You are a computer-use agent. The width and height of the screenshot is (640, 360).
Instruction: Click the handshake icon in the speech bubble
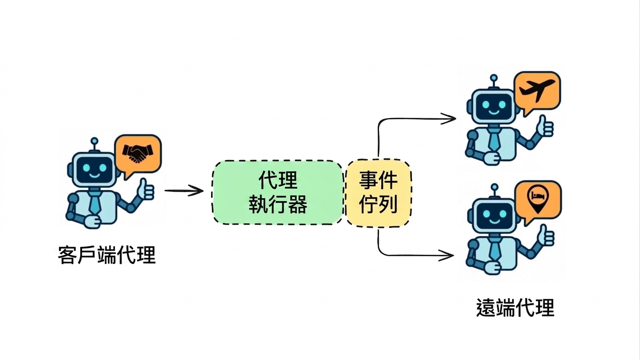(138, 153)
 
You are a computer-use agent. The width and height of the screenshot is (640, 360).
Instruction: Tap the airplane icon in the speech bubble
(537, 90)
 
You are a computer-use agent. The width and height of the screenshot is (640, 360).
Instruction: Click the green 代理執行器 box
(278, 192)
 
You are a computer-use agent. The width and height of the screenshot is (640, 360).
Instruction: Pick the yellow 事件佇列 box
(378, 194)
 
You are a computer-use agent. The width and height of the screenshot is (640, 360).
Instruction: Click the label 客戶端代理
(107, 255)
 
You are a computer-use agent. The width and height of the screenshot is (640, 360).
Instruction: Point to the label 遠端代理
(515, 307)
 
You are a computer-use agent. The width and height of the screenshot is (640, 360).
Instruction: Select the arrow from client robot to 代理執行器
(184, 191)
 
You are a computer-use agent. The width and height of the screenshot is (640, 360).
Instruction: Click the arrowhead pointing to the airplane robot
(449, 119)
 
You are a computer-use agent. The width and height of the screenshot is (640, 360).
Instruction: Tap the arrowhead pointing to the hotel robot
(446, 255)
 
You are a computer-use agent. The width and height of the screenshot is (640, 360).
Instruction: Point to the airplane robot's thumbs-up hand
(545, 126)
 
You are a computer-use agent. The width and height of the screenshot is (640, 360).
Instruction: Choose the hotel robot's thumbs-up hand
(546, 235)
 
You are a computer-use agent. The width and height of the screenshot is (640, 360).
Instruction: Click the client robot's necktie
(95, 203)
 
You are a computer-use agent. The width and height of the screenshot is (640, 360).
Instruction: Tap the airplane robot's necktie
(494, 140)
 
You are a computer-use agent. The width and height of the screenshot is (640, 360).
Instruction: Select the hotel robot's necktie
(495, 249)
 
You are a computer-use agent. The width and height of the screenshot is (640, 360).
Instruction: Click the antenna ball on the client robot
(94, 141)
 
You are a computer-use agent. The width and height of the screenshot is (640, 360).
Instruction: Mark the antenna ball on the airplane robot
(494, 78)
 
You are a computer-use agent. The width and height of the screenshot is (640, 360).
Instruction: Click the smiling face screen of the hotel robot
(495, 216)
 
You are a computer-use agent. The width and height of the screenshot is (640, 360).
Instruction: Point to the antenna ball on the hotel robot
(495, 187)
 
